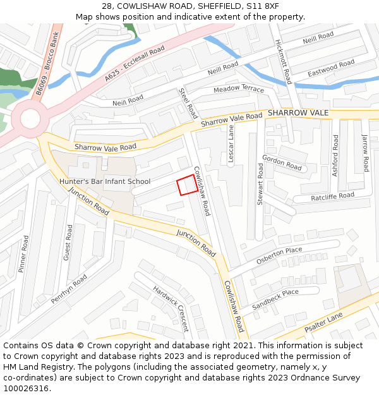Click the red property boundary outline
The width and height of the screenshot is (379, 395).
tap(186, 185)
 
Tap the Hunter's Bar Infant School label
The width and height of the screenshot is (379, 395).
tap(104, 181)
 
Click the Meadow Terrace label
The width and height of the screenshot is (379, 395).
tap(239, 89)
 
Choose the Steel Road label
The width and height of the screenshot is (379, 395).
tap(189, 104)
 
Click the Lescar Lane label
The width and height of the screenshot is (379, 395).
tap(231, 145)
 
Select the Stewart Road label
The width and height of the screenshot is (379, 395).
tap(260, 184)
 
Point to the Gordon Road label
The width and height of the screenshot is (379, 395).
tap(282, 162)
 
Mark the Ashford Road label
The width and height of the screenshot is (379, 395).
tap(335, 156)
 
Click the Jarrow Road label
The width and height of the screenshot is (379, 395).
tap(364, 153)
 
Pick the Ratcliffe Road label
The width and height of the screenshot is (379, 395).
tap(332, 197)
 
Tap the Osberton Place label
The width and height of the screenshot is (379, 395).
tap(279, 255)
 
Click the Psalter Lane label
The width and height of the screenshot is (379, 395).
tap(323, 322)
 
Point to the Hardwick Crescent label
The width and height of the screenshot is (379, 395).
tap(171, 308)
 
